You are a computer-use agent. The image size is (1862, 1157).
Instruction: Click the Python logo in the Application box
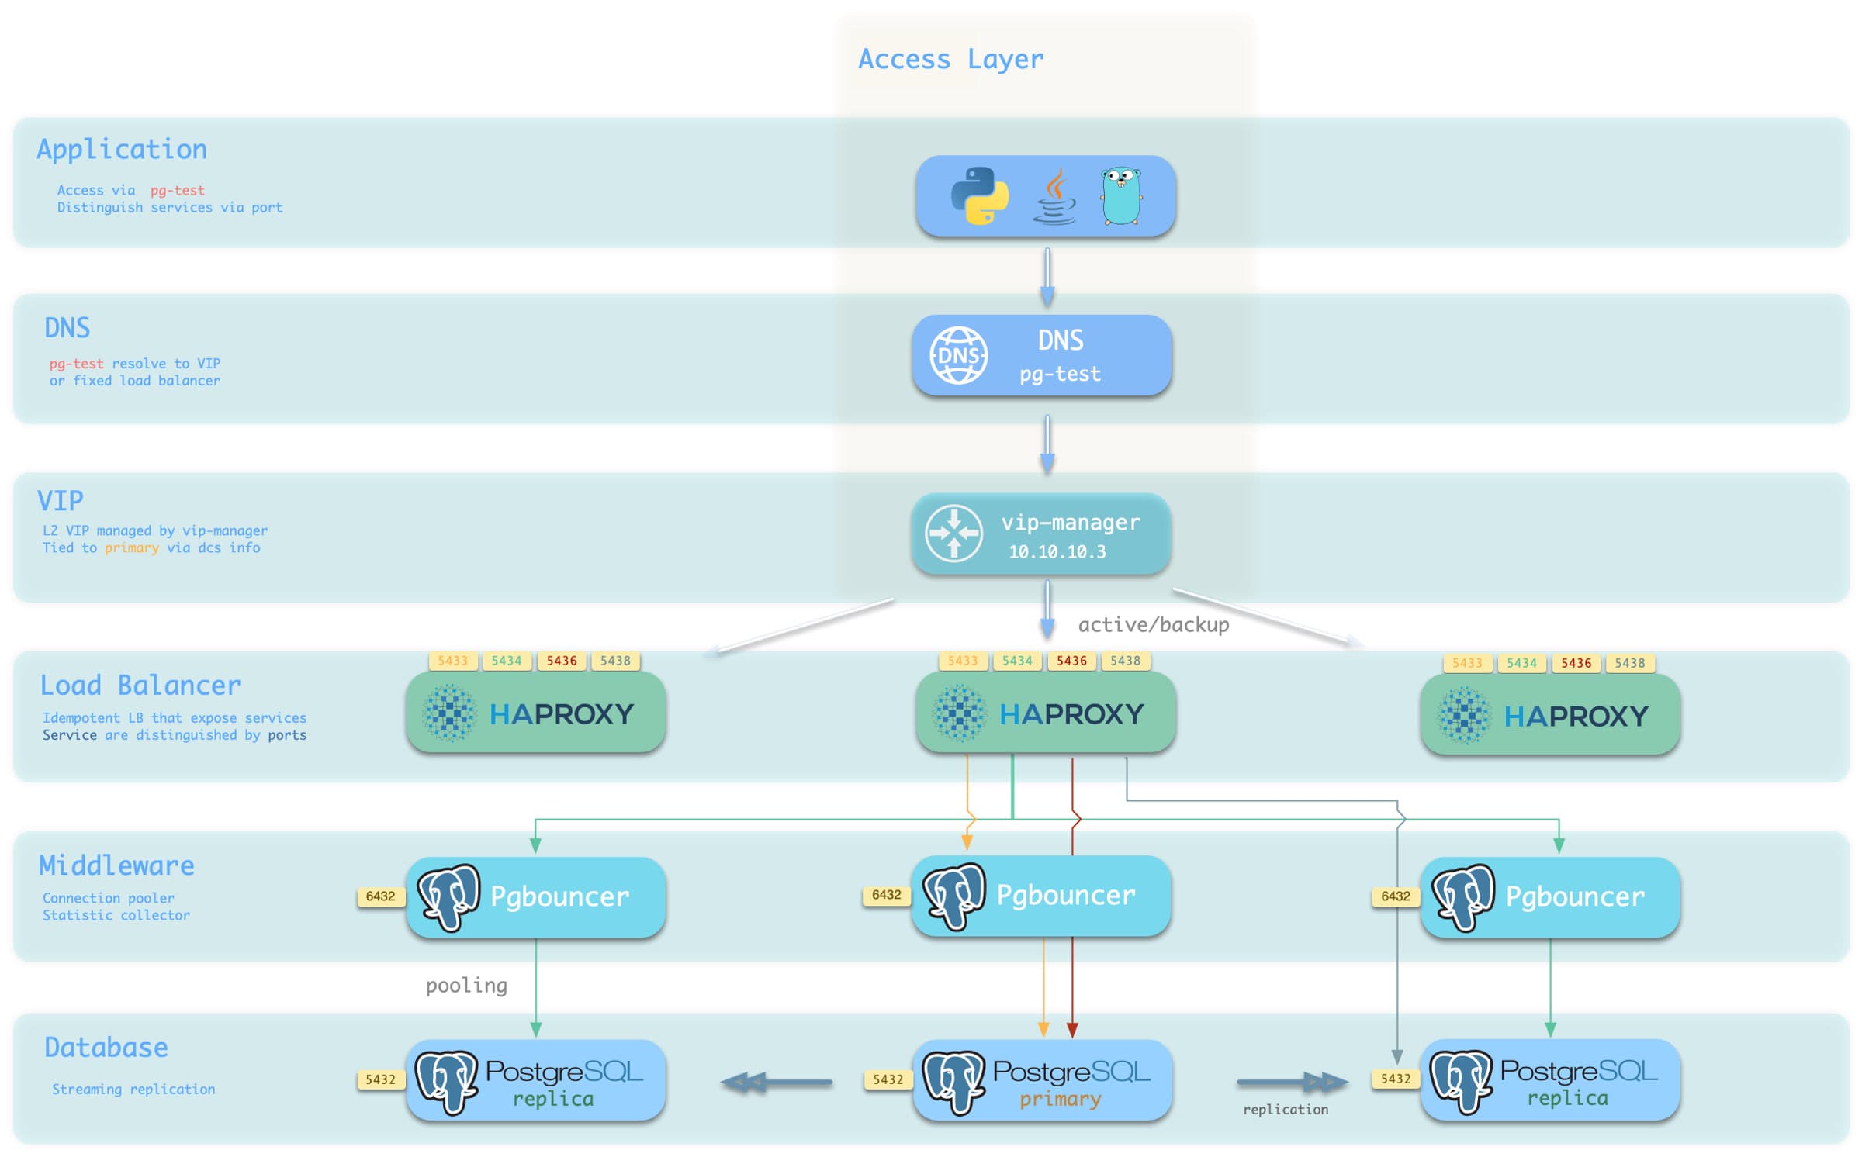pos(979,195)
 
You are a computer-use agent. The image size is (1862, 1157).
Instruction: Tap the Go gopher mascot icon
pos(1121,196)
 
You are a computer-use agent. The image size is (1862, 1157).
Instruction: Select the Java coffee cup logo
pos(1054,198)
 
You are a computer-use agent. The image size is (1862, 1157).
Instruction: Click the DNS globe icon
pos(959,355)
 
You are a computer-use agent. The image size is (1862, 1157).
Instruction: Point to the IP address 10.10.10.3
pos(1057,551)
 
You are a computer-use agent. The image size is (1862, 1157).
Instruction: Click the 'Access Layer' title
pos(950,59)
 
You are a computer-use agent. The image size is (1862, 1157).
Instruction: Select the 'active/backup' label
pos(1153,624)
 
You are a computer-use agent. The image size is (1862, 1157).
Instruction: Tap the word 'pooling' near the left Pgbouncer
pos(466,985)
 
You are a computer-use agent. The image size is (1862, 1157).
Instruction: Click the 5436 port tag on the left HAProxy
pos(562,661)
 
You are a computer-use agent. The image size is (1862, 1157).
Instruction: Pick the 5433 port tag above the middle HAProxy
pos(962,661)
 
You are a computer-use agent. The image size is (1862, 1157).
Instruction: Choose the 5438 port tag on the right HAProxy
pos(1629,663)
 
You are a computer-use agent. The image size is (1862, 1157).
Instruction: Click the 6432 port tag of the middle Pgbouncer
pos(886,895)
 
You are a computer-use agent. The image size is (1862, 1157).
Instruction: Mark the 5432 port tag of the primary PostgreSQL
pos(888,1079)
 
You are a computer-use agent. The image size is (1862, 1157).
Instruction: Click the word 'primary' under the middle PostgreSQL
pos(1060,1099)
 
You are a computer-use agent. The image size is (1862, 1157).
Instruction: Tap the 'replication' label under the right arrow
pos(1286,1110)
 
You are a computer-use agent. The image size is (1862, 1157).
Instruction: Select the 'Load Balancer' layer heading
pos(140,686)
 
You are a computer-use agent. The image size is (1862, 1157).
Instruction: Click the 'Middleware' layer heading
pos(116,865)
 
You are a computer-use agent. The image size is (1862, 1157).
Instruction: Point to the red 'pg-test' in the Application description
pos(178,190)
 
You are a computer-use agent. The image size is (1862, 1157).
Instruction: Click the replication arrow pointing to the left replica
pos(776,1082)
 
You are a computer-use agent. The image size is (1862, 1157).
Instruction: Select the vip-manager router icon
pos(954,533)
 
